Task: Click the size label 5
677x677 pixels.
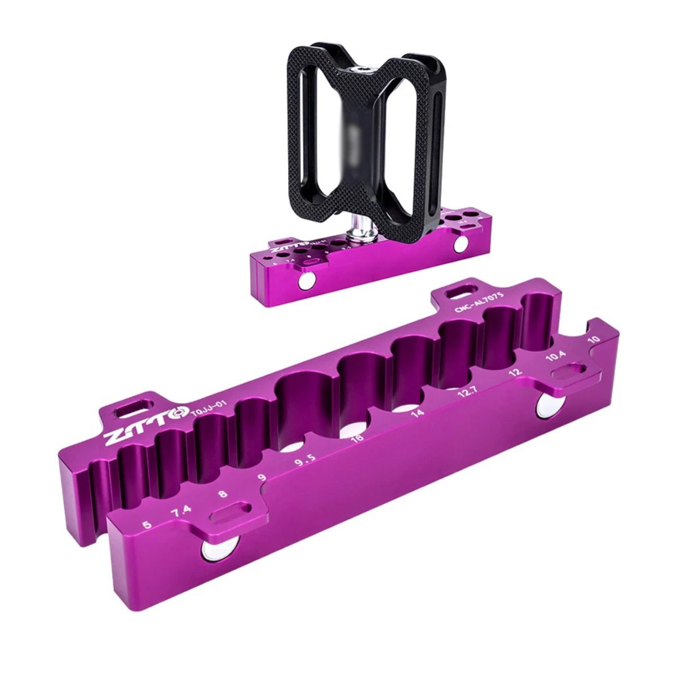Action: pyautogui.click(x=147, y=525)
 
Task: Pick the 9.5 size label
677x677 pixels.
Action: pyautogui.click(x=304, y=462)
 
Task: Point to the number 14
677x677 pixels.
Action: pyautogui.click(x=417, y=413)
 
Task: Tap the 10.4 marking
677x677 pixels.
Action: pyautogui.click(x=556, y=357)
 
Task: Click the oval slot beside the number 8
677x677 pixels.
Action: pyautogui.click(x=231, y=513)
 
